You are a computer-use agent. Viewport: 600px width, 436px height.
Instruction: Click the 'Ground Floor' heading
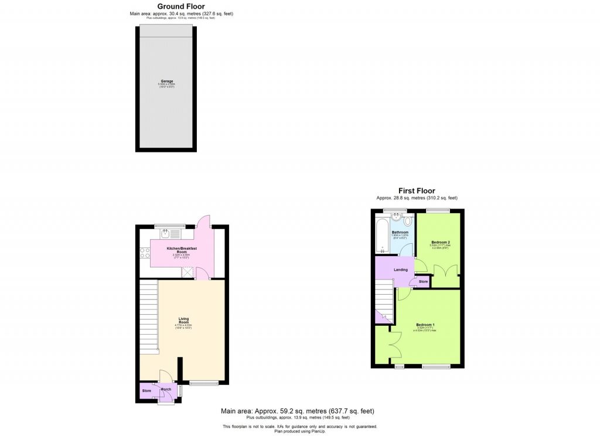pyautogui.click(x=180, y=6)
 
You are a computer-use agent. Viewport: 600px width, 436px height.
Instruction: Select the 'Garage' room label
pyautogui.click(x=167, y=81)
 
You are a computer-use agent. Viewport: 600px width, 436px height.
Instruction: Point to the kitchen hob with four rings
pyautogui.click(x=144, y=254)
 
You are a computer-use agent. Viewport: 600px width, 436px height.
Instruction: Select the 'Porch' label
pyautogui.click(x=166, y=389)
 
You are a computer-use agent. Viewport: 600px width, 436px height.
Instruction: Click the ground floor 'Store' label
pyautogui.click(x=146, y=390)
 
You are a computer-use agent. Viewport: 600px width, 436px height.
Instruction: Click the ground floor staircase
pyautogui.click(x=149, y=316)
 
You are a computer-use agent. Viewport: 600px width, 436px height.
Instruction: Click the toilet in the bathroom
pyautogui.click(x=408, y=222)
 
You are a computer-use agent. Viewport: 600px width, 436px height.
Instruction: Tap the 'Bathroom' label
pyautogui.click(x=400, y=233)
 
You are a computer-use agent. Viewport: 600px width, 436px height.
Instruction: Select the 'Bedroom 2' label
pyautogui.click(x=440, y=242)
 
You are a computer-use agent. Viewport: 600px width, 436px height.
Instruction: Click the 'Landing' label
pyautogui.click(x=400, y=270)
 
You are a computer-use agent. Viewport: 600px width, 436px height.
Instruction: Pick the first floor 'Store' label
pyautogui.click(x=423, y=282)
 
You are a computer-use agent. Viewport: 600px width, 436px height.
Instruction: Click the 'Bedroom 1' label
pyautogui.click(x=425, y=325)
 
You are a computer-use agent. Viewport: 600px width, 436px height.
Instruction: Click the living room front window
pyautogui.click(x=204, y=384)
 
